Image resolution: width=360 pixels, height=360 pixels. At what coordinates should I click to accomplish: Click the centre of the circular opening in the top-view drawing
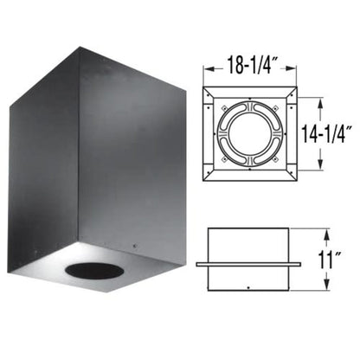252,132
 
